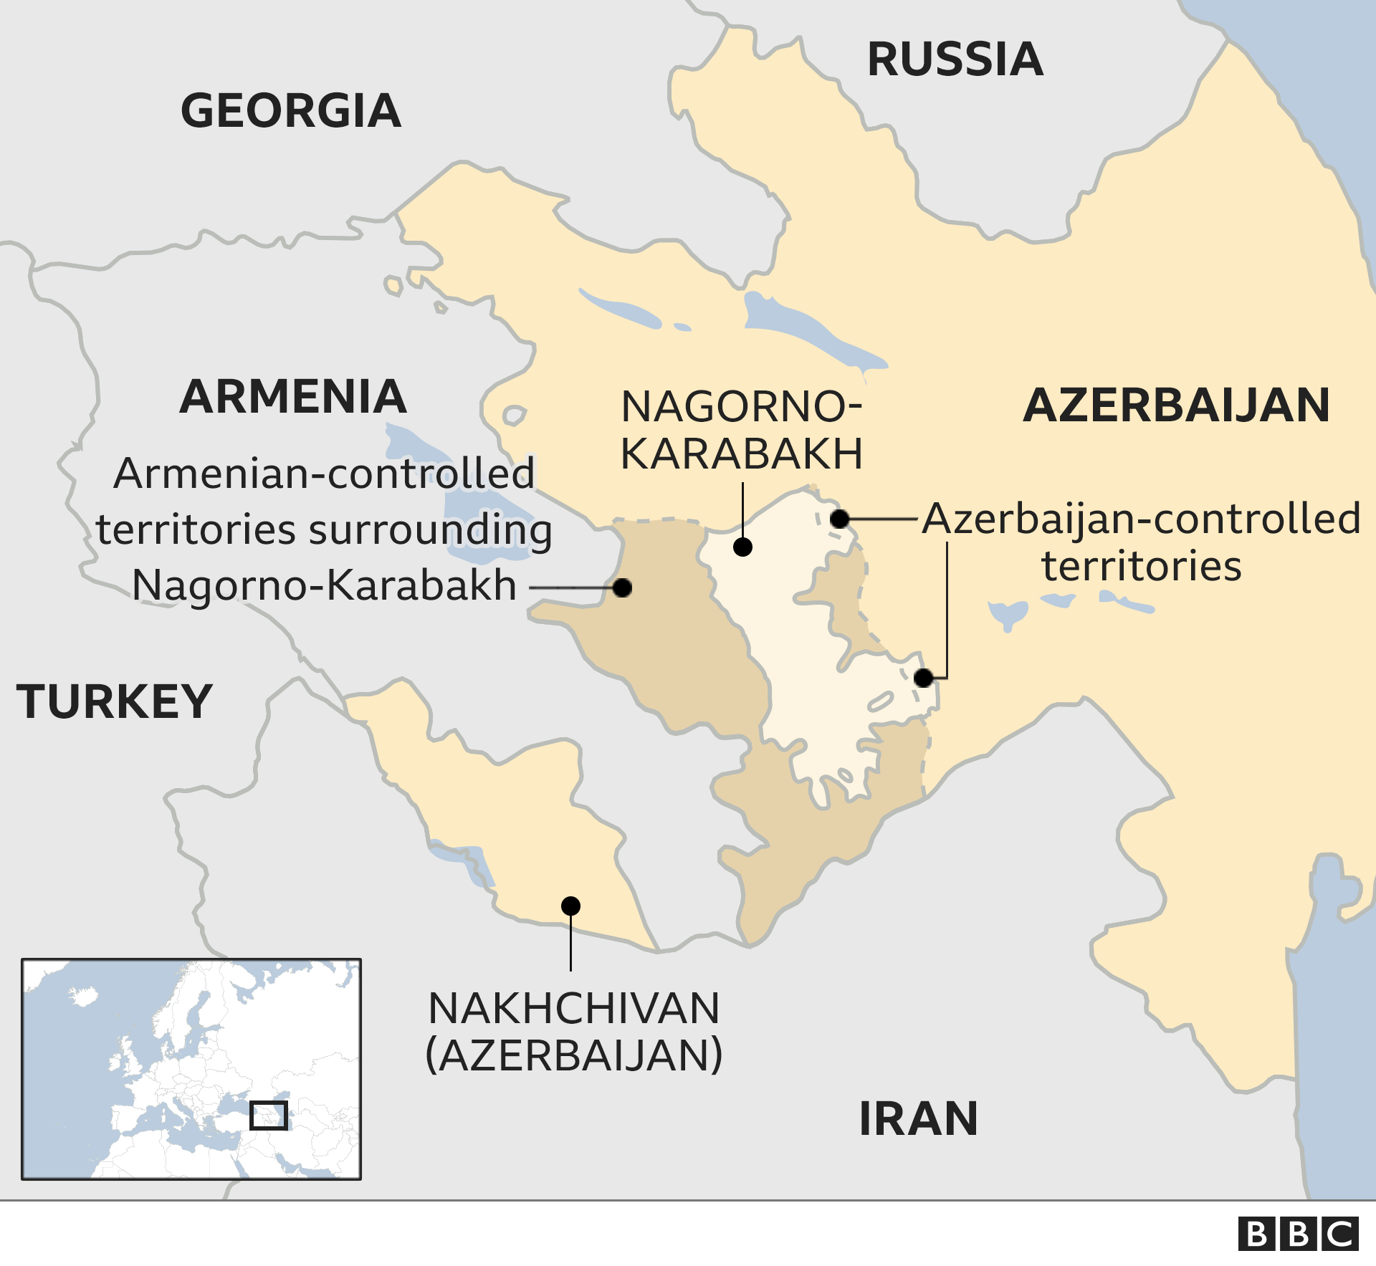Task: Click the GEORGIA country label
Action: coord(290,111)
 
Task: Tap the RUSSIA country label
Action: coord(955,59)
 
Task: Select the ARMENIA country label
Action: coord(293,397)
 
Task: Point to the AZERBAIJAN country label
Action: coord(1176,406)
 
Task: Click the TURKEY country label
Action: coord(115,701)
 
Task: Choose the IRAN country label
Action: coord(918,1119)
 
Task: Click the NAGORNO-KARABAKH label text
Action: coord(741,430)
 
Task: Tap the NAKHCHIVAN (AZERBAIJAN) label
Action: coord(573,1032)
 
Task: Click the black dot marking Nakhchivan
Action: coord(570,906)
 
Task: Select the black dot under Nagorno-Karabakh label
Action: coord(742,547)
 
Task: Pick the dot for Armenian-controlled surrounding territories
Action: coord(622,588)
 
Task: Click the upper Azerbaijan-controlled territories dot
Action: coord(840,519)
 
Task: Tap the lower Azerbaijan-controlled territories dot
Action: coord(924,678)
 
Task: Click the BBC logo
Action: coord(1298,1234)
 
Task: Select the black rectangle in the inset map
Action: coord(269,1116)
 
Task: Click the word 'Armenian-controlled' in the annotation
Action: coord(324,474)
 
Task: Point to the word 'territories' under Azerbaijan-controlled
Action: coord(1141,566)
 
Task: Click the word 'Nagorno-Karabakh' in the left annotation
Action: coord(324,585)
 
